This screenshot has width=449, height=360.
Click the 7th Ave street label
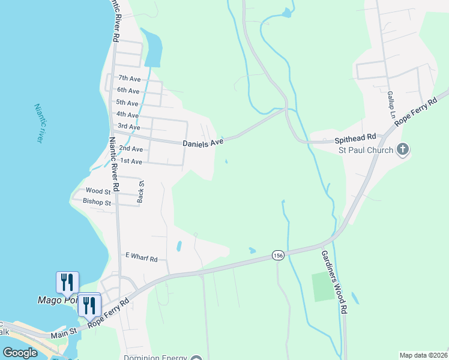(x=129, y=78)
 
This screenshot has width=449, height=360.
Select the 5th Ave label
(x=127, y=103)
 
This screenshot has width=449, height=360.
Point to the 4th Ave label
(x=127, y=115)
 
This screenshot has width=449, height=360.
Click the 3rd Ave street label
(x=129, y=127)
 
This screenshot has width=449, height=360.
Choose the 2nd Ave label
(x=131, y=148)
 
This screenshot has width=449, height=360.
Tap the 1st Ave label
(x=131, y=161)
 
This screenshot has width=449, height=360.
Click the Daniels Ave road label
(x=203, y=142)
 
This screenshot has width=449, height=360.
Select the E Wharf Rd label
(x=141, y=257)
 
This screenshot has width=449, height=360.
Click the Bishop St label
(x=97, y=203)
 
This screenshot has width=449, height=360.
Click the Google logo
(x=20, y=353)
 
